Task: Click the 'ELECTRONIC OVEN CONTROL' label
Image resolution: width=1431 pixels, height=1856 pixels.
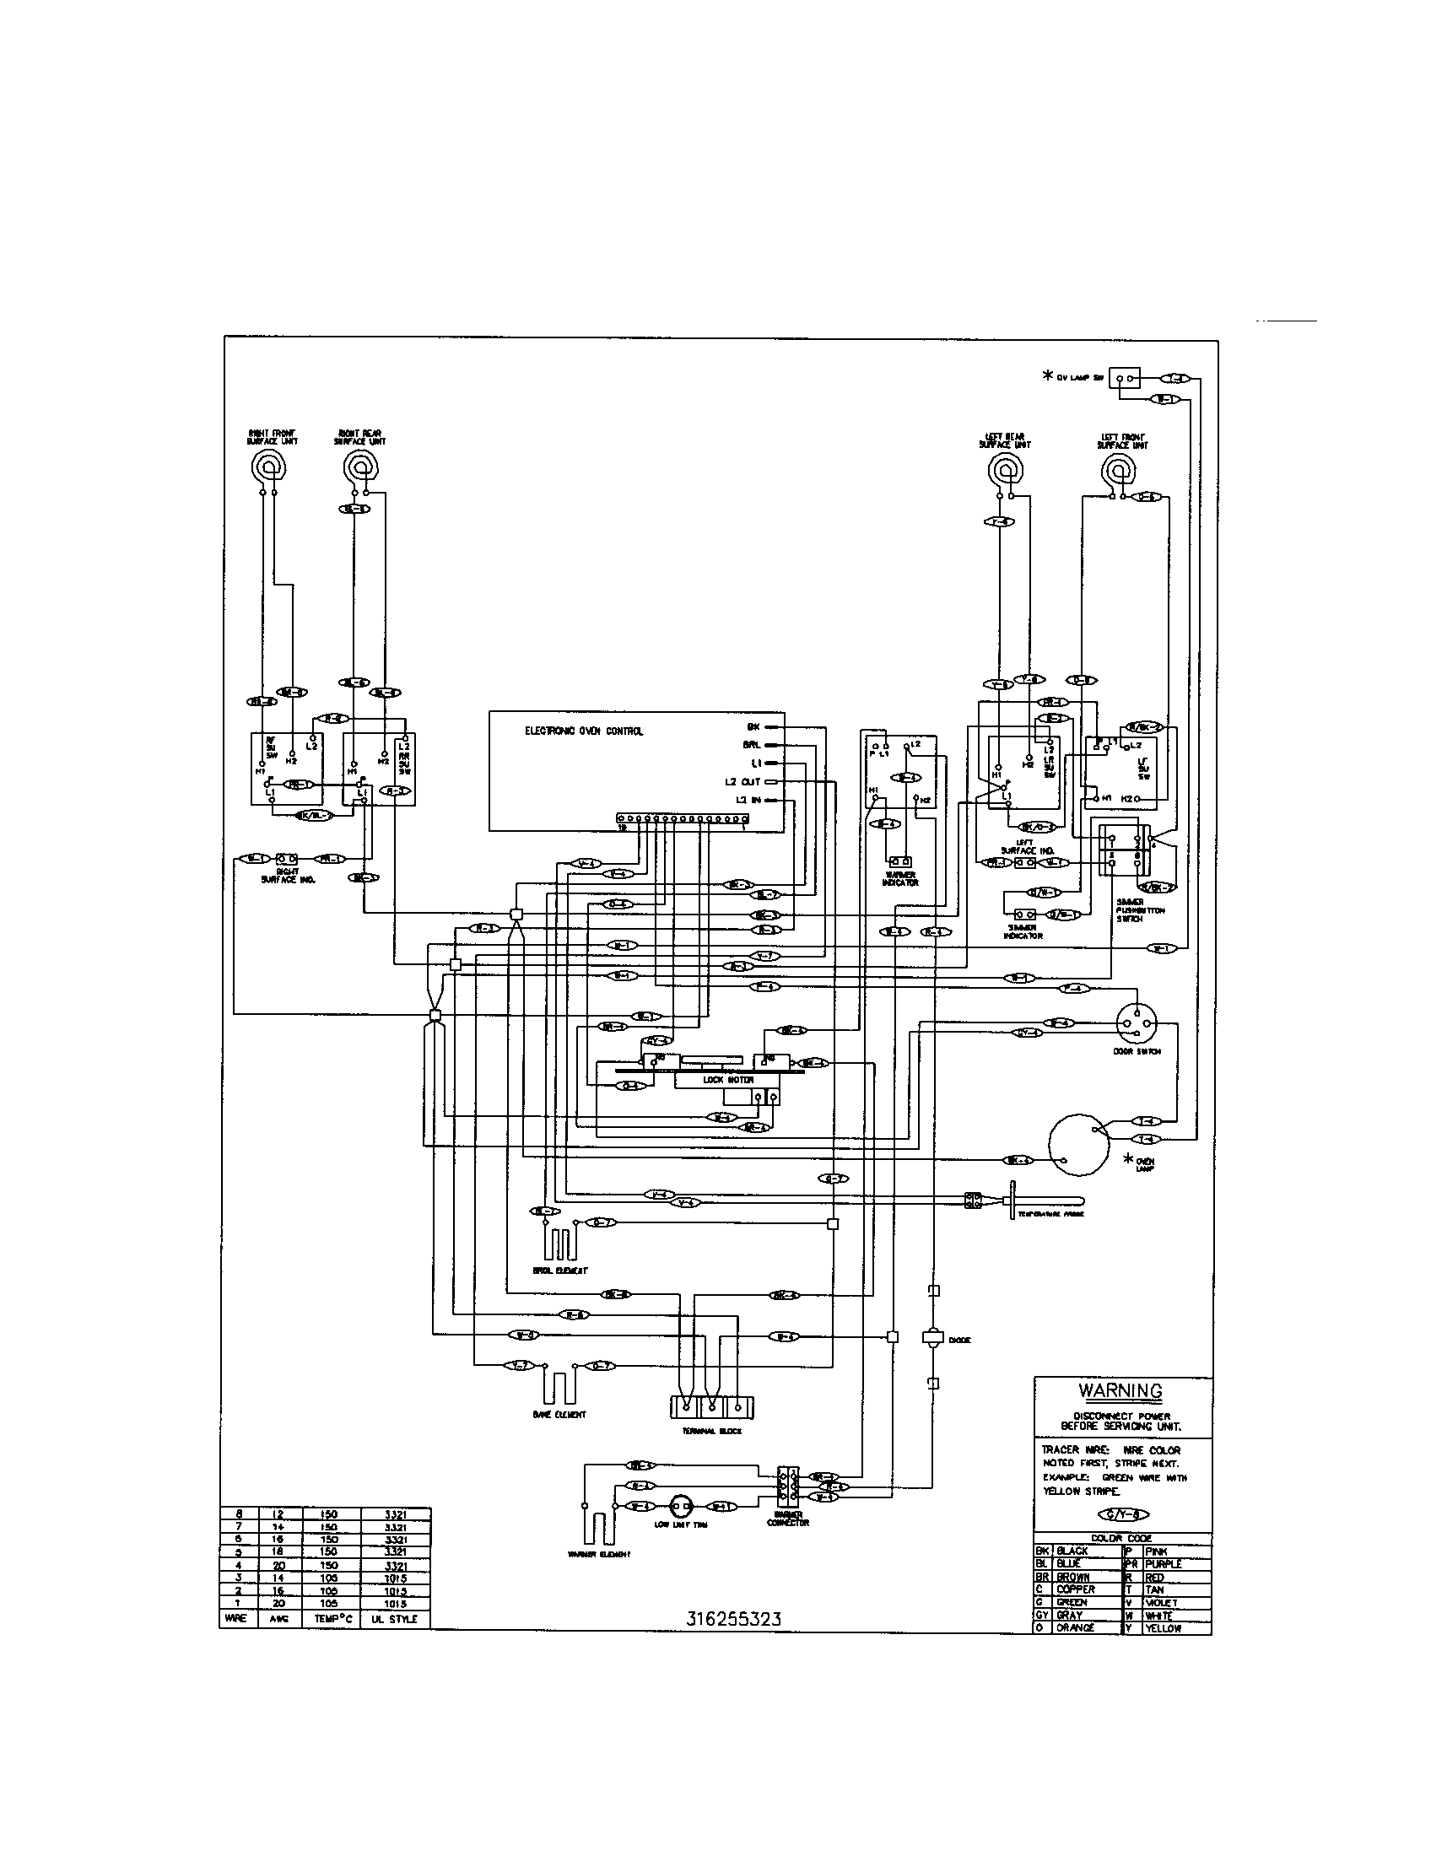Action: click(x=583, y=731)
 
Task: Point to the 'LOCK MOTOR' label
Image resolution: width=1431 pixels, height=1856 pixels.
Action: click(x=727, y=1079)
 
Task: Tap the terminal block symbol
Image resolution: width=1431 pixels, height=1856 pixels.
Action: click(x=712, y=1406)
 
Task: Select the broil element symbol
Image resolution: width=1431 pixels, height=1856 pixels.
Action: click(x=559, y=1245)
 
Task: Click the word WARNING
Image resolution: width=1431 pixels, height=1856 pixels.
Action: click(x=1120, y=1391)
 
